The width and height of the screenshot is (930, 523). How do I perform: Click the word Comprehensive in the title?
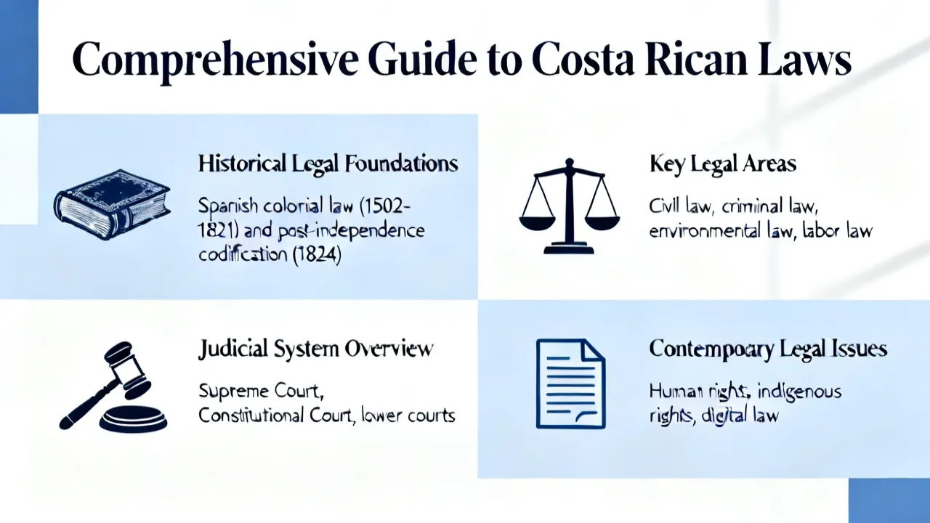214,59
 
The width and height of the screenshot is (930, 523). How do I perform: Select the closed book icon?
112,204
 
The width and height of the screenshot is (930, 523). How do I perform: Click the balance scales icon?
569,206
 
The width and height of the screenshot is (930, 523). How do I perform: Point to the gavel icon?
113,386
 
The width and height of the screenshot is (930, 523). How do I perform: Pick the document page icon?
571,384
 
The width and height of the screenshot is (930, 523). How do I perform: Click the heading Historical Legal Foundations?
328,163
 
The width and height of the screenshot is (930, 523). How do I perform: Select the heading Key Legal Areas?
723,164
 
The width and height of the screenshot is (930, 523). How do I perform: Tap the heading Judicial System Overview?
315,349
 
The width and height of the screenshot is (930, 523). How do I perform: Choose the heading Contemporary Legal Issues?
768,349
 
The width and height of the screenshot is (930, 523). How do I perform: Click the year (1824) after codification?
317,254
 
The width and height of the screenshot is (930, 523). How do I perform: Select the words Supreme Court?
261,391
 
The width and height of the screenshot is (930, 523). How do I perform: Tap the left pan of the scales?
537,222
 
